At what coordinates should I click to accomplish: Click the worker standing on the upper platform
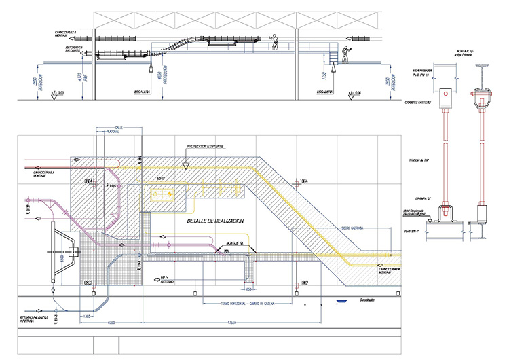click(x=276, y=41)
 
